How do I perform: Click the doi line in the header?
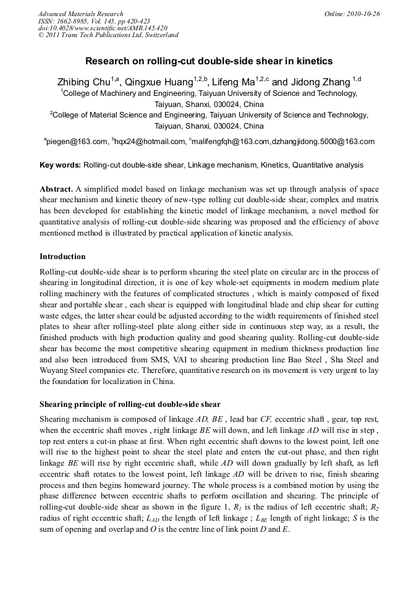point(103,28)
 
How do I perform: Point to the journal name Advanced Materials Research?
point(81,14)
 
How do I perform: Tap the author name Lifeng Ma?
point(233,82)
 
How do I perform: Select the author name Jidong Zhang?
point(320,82)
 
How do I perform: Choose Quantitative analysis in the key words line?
point(328,165)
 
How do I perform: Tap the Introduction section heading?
point(62,257)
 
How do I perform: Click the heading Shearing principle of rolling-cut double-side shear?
point(130,404)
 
